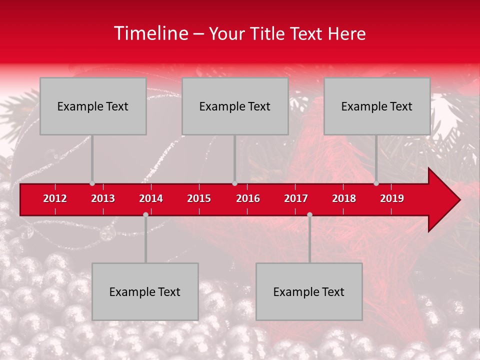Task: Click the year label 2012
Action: click(x=55, y=198)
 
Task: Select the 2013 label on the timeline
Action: click(x=103, y=198)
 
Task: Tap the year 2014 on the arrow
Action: click(x=151, y=198)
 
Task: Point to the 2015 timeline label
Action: click(x=199, y=198)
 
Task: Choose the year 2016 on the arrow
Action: click(x=248, y=198)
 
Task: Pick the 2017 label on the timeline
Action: click(x=296, y=198)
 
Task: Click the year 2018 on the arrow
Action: click(x=344, y=198)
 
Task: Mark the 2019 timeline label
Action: click(x=392, y=198)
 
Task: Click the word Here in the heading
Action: click(x=346, y=33)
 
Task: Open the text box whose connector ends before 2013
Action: click(x=93, y=106)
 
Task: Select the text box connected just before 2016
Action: click(x=235, y=106)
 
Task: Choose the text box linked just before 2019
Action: click(x=377, y=106)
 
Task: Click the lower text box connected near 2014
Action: click(x=145, y=291)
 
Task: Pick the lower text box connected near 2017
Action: click(x=309, y=291)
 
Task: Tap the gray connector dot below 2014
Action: click(x=145, y=214)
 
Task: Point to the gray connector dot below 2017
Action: click(x=309, y=214)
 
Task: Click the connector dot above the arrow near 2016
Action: click(x=234, y=183)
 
